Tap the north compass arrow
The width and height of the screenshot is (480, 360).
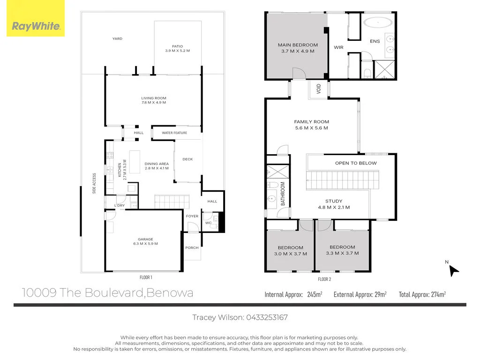(453, 270)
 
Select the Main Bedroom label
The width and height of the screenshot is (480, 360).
(298, 45)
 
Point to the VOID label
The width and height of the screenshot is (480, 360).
(319, 88)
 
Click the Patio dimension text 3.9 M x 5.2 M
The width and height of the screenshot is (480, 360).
(177, 51)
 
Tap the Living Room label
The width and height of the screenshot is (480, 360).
(154, 98)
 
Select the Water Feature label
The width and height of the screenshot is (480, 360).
(174, 133)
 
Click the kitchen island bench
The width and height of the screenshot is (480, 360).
(135, 161)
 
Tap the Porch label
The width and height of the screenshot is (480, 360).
(192, 247)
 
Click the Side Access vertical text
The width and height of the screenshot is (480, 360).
(94, 183)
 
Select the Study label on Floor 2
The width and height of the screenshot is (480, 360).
(334, 201)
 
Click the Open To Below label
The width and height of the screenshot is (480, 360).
(356, 163)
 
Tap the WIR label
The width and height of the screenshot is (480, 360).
(338, 47)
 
